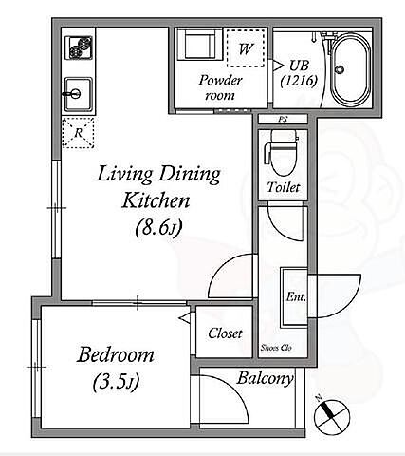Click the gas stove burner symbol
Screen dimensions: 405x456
click(x=79, y=47)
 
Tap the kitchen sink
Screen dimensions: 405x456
click(x=79, y=94)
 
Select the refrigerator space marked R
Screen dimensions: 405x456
click(x=78, y=133)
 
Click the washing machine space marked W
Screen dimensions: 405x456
click(x=246, y=48)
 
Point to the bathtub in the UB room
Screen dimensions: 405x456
click(x=350, y=70)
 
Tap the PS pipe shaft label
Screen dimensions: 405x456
click(x=283, y=120)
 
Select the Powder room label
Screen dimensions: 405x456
click(x=220, y=87)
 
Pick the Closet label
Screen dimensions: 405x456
click(x=225, y=333)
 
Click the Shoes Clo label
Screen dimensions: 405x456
click(x=276, y=348)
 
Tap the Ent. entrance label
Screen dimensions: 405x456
click(x=296, y=297)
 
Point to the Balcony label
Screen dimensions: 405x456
click(x=265, y=378)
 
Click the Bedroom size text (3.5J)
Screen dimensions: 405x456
click(x=117, y=382)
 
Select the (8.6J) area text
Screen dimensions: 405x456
click(x=158, y=228)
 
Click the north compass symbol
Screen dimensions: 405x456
click(x=332, y=417)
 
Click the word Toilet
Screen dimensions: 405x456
click(x=284, y=187)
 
